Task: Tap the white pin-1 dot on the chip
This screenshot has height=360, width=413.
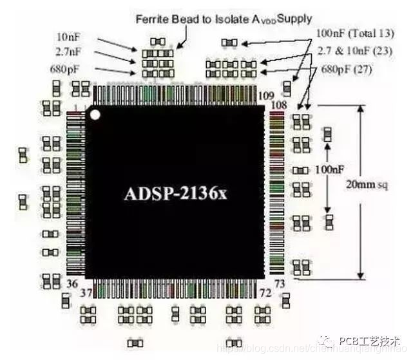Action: [x=96, y=115]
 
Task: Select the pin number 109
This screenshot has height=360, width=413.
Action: [x=266, y=95]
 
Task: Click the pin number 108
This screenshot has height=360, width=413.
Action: [x=278, y=103]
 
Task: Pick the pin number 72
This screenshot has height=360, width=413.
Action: [x=264, y=293]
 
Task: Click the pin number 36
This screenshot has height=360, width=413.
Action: [x=72, y=283]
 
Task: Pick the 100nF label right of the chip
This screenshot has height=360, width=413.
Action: [x=328, y=169]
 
